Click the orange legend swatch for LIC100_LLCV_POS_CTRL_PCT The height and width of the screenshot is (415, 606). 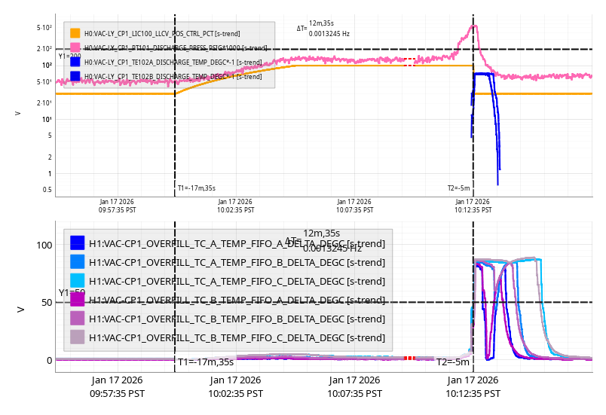coord(75,33)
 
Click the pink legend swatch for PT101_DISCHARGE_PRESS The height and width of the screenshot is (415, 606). coord(75,47)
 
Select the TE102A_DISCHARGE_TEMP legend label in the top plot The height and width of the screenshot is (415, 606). coord(173,62)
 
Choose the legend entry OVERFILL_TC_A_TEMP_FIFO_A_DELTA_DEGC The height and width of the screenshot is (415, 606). coord(237,243)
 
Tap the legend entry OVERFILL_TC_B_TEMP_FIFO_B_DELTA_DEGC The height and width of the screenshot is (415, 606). coord(237,318)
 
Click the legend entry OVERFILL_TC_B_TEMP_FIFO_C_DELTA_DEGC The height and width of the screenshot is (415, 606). coord(237,337)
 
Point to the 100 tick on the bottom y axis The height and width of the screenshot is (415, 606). coord(44,246)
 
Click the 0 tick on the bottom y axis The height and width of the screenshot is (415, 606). coord(49,360)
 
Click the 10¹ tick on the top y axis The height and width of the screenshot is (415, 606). coord(47,119)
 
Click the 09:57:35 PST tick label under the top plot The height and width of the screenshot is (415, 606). coord(118,206)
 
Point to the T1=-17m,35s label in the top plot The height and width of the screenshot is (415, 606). coord(196,188)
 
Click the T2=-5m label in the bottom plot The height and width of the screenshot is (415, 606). coord(453,362)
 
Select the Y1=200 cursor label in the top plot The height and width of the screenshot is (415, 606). coord(69,56)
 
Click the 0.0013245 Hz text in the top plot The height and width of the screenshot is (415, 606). coord(329,34)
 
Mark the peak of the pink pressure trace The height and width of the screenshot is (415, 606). coord(473,26)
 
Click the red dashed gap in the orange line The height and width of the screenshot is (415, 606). coord(409,66)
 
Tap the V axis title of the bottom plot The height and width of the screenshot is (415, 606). coord(21,310)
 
